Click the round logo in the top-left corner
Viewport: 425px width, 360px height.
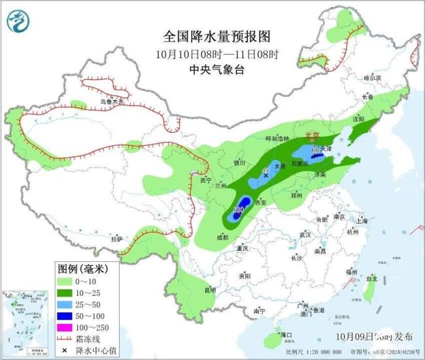[x=19, y=23]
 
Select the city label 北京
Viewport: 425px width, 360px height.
[x=313, y=135]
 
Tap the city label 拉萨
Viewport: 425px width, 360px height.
[x=116, y=240]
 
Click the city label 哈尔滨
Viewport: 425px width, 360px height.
[x=372, y=78]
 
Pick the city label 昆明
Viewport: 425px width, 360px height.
[x=209, y=289]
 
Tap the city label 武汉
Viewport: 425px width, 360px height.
[x=304, y=234]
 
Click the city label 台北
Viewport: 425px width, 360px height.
[x=371, y=278]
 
